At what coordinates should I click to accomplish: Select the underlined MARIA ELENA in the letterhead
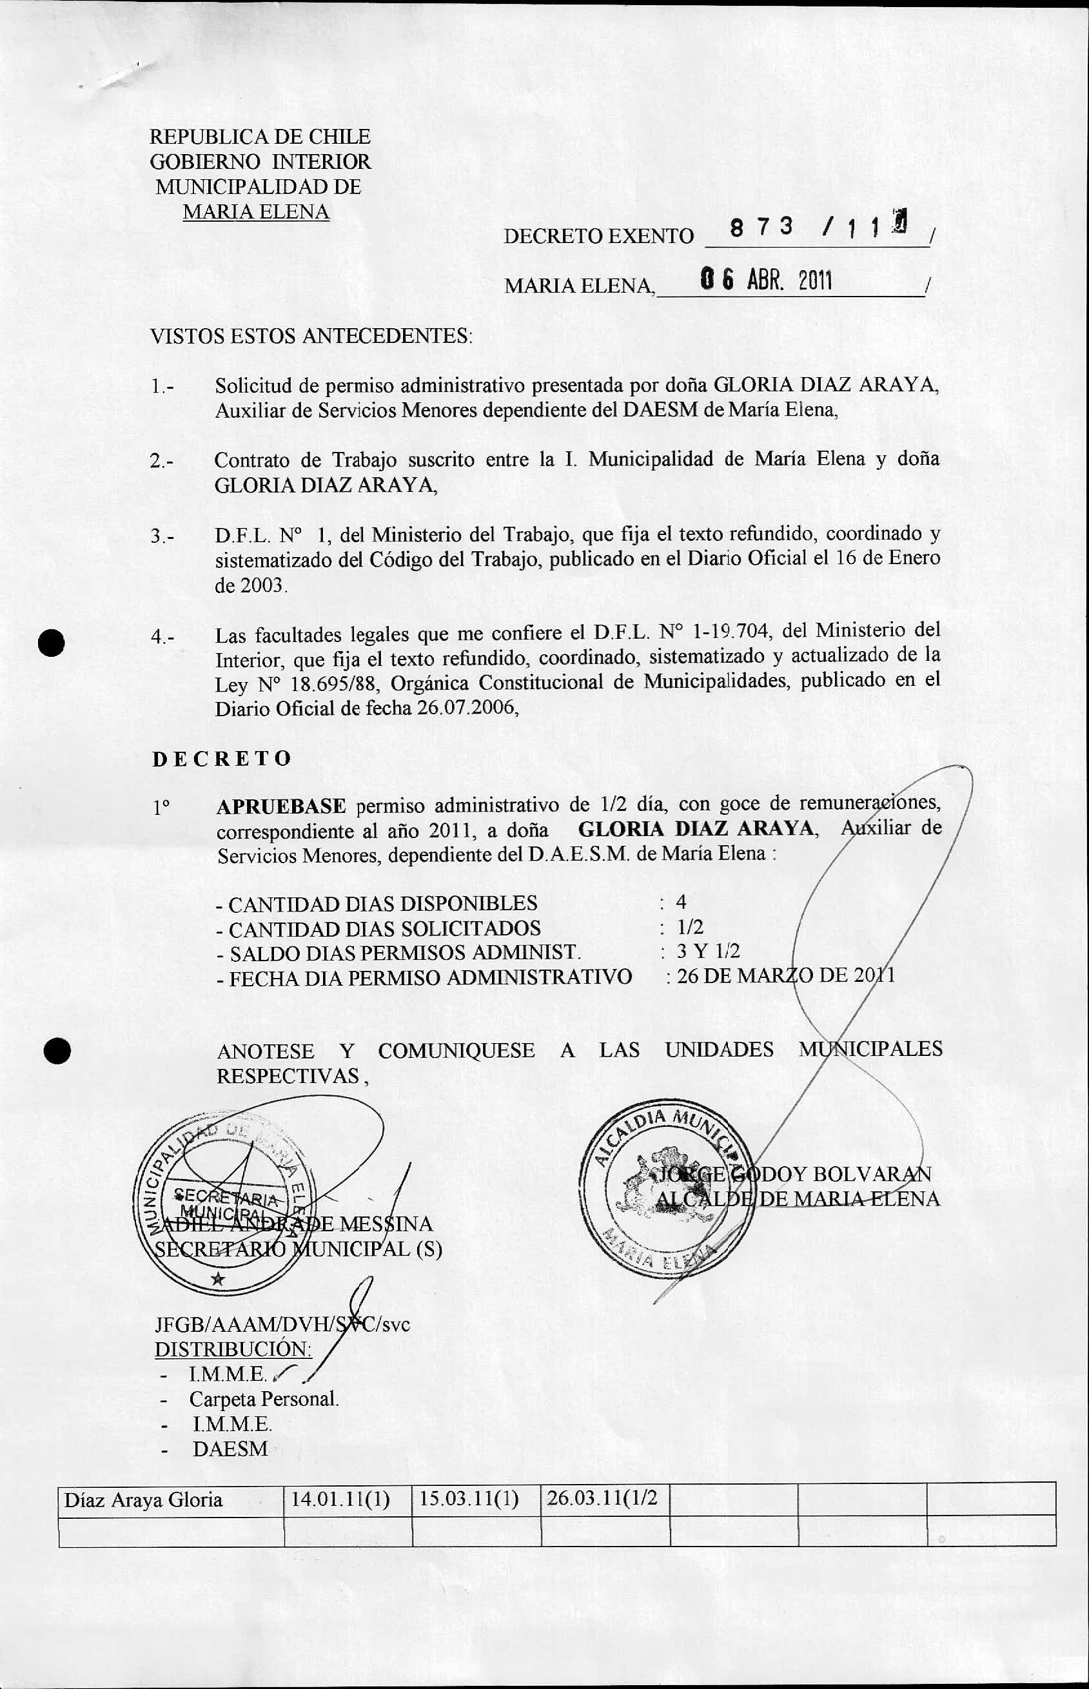tap(256, 211)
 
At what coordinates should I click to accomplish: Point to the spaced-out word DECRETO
tap(221, 759)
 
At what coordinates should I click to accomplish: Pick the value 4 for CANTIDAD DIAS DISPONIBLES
tap(681, 901)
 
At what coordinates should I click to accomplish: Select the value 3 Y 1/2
tap(708, 951)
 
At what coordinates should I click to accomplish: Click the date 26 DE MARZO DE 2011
tap(785, 977)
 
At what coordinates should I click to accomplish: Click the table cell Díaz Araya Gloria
tap(144, 1499)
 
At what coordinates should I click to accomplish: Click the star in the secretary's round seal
tap(218, 1278)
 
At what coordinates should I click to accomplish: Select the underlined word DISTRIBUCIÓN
tap(233, 1349)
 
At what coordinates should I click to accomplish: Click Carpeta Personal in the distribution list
tap(264, 1399)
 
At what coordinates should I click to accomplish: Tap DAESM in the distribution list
tap(230, 1449)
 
